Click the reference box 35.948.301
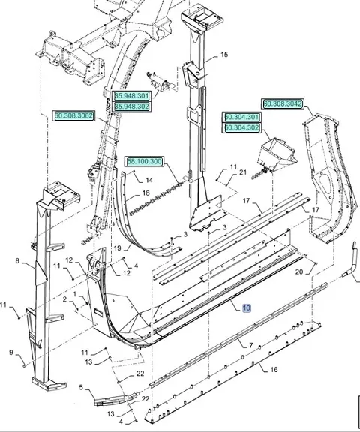(x=131, y=96)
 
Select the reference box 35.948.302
(x=131, y=106)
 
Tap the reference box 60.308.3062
(x=73, y=115)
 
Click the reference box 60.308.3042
(x=283, y=103)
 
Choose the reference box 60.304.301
(x=241, y=117)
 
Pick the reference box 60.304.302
(x=241, y=127)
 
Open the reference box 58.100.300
(x=144, y=162)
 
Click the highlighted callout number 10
(x=247, y=307)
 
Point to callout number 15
(x=224, y=55)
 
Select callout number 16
(x=274, y=369)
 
